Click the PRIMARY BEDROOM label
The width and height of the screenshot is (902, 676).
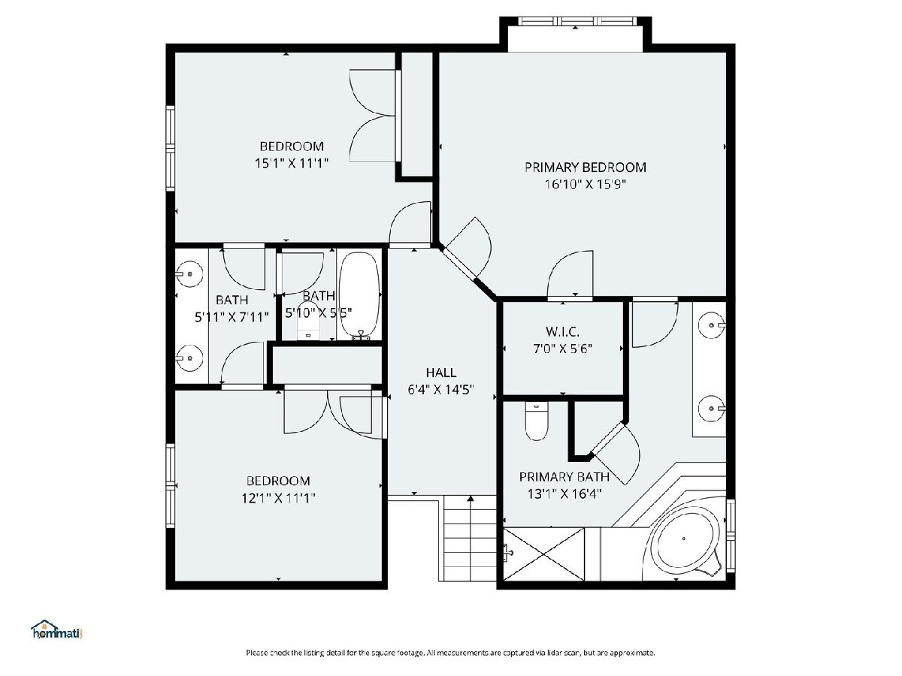[585, 167]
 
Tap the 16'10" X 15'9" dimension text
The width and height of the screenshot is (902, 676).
[585, 184]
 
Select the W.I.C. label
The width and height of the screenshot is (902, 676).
[562, 330]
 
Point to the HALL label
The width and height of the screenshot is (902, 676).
[441, 373]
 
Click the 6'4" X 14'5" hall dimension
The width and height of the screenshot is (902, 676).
[441, 390]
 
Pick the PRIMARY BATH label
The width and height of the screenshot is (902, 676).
[565, 476]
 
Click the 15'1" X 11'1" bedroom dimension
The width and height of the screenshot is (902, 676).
[292, 163]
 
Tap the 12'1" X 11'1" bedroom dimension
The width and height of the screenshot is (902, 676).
[278, 498]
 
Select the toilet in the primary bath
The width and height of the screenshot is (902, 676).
[537, 421]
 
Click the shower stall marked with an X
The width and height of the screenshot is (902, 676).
[543, 554]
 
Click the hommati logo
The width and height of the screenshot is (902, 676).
[57, 630]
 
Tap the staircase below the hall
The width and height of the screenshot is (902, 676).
[470, 538]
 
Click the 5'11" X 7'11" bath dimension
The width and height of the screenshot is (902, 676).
[232, 317]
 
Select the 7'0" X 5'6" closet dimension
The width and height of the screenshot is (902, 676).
[562, 349]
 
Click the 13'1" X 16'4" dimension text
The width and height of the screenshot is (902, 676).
[565, 493]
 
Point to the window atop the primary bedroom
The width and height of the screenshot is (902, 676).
[577, 21]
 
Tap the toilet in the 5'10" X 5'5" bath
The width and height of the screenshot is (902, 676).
[308, 321]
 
